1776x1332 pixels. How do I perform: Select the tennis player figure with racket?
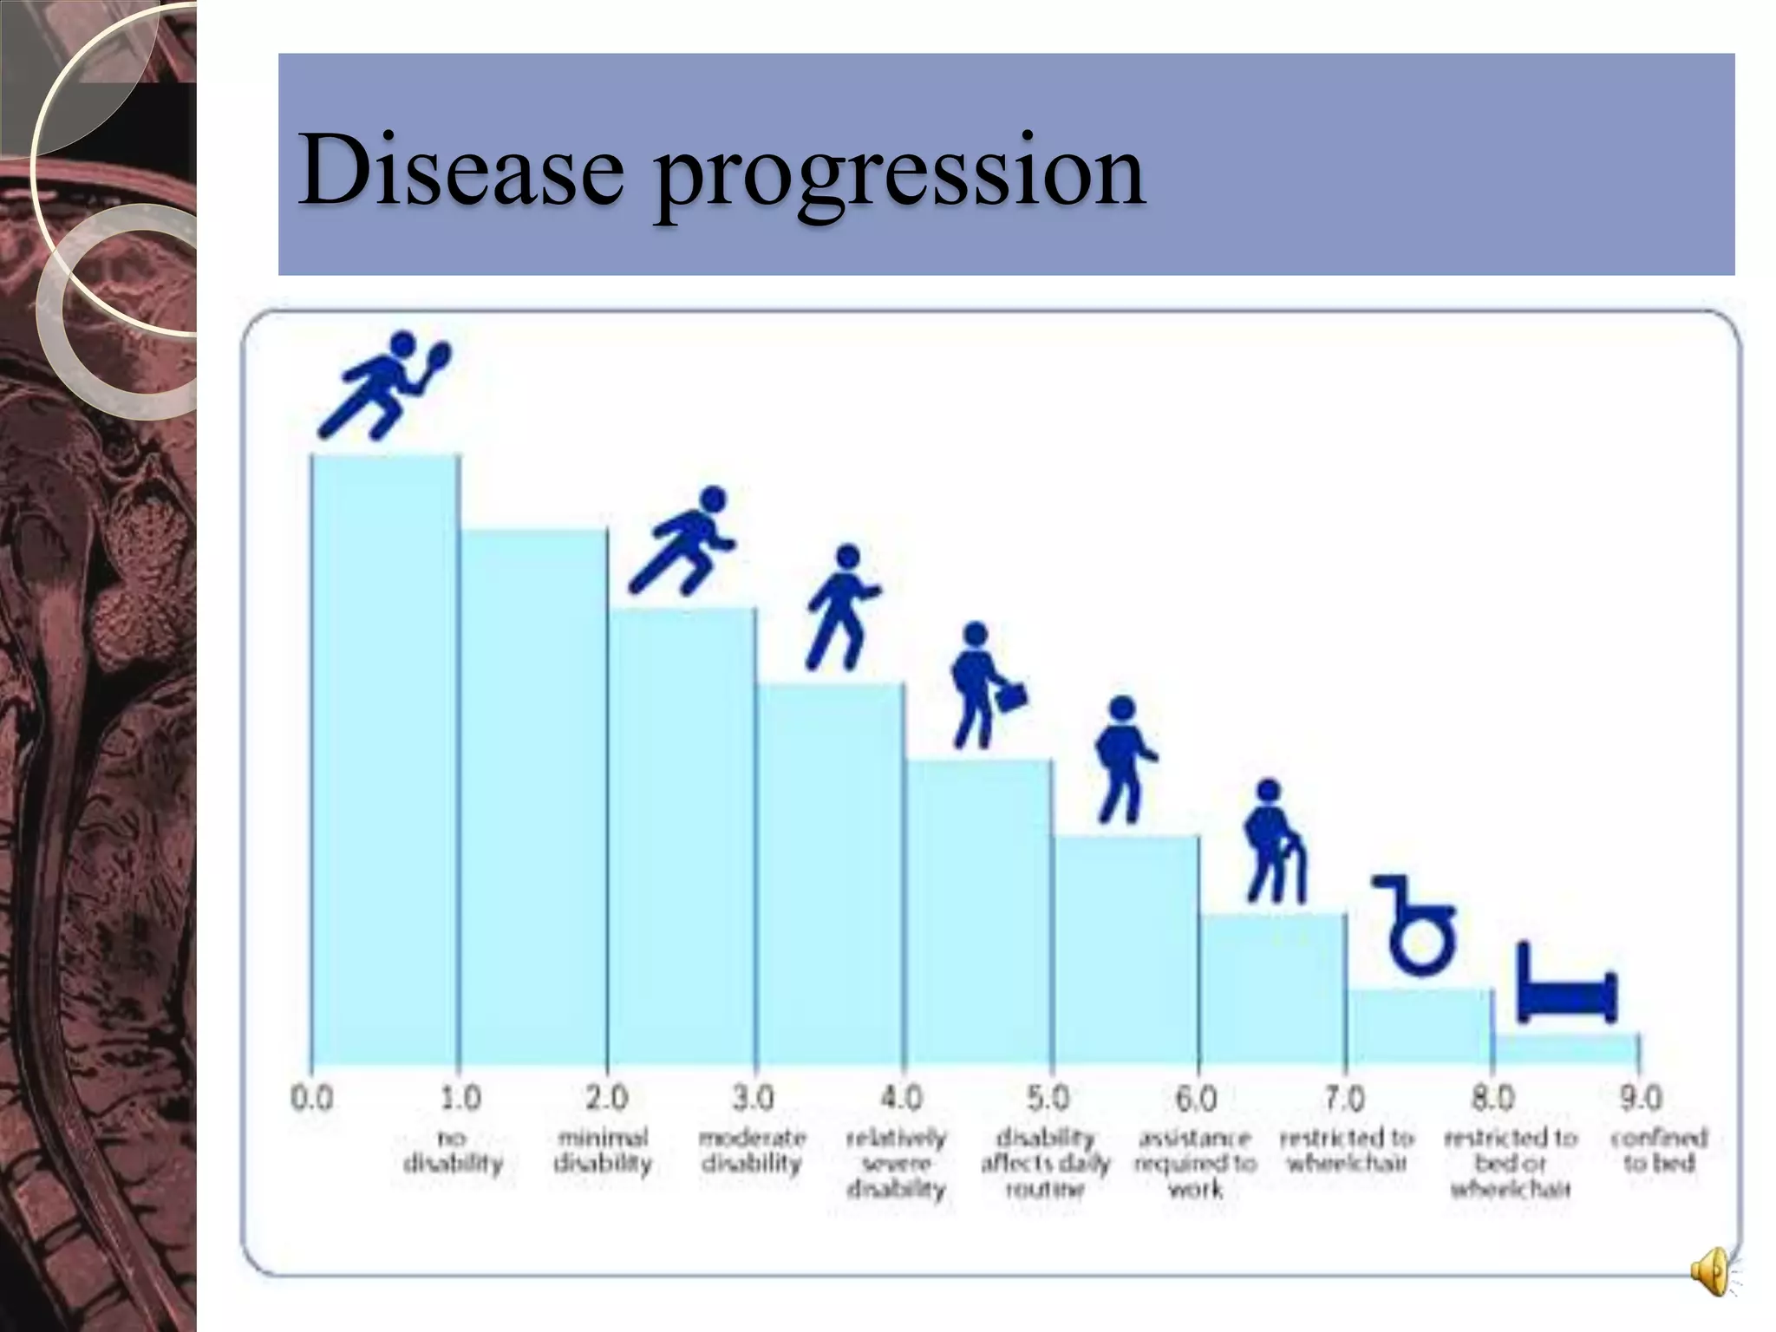coord(385,385)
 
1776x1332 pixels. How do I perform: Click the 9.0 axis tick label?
coord(1641,1099)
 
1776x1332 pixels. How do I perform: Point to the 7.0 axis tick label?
coord(1345,1099)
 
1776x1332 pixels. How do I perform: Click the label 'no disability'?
coord(454,1150)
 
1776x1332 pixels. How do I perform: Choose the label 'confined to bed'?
coord(1658,1150)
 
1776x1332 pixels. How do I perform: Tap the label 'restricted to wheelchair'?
coord(1346,1150)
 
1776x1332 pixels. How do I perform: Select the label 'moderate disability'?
coord(752,1150)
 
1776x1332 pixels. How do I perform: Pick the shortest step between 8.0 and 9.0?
coord(1566,1049)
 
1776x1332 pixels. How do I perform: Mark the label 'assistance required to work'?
coord(1195,1162)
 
